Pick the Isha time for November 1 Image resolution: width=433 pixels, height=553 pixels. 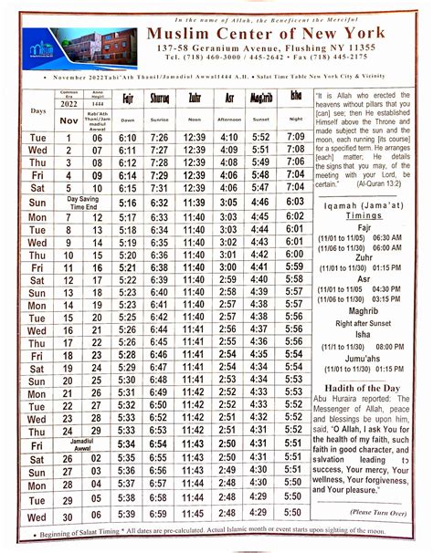pos(294,136)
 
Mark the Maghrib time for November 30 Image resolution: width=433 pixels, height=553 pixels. pos(259,516)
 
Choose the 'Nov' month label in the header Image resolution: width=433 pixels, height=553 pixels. pos(68,119)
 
